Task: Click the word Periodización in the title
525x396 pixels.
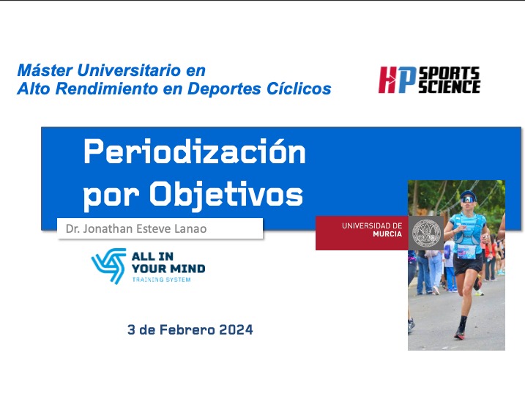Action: [194, 153]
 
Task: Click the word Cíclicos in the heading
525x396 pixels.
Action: [300, 89]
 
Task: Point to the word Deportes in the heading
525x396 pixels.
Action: [235, 89]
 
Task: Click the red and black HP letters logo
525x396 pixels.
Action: [396, 80]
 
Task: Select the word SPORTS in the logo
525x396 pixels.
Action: [448, 72]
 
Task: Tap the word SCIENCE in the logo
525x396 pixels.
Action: [448, 86]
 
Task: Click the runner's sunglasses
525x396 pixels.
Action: [467, 198]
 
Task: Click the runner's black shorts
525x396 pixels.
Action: [466, 266]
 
